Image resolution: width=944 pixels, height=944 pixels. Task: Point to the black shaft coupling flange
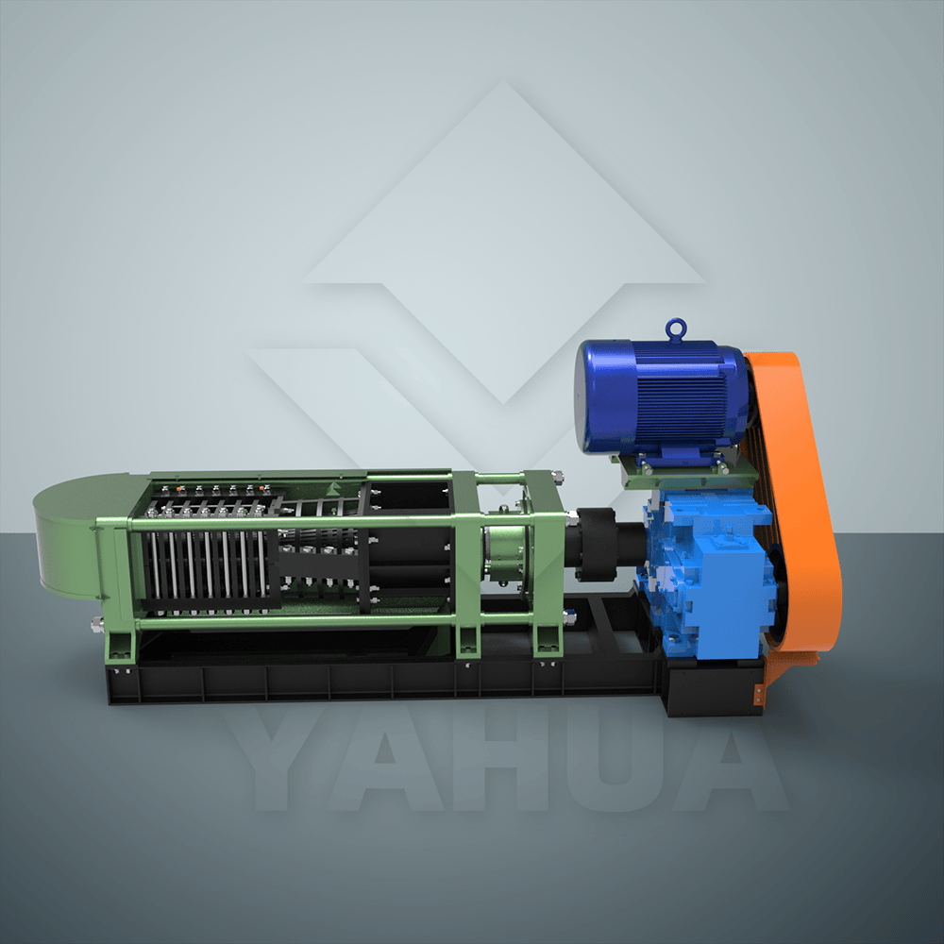click(596, 545)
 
